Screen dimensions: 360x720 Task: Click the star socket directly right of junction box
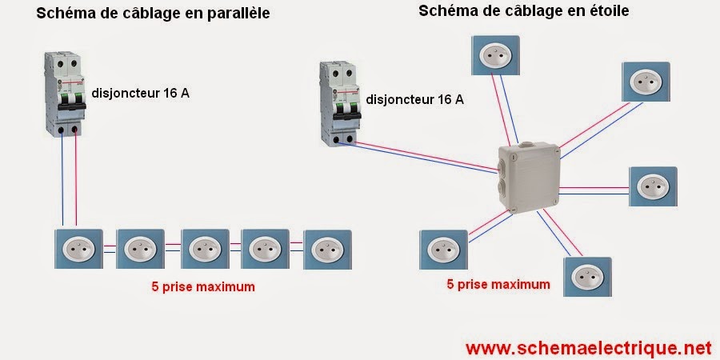click(x=653, y=187)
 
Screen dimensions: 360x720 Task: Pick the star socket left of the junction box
click(x=442, y=250)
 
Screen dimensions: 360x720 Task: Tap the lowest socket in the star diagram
click(x=587, y=277)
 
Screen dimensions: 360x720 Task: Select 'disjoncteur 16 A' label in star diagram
click(x=414, y=100)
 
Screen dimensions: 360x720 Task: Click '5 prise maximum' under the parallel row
click(x=202, y=286)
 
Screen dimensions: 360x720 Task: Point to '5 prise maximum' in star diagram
click(x=498, y=284)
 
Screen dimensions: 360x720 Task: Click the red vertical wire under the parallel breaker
click(x=77, y=180)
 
